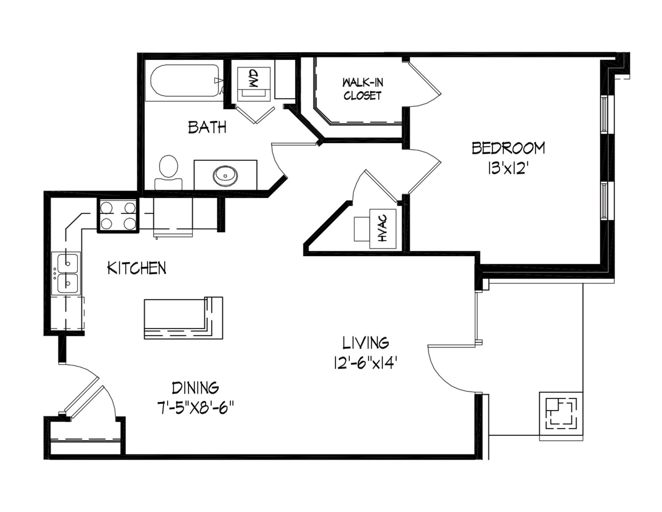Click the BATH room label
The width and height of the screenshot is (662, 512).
point(207,127)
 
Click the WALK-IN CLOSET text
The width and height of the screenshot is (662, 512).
point(363,89)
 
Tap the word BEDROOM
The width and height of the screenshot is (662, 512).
point(508,148)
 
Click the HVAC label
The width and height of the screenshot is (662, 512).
point(383,228)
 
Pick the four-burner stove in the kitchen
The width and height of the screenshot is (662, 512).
point(118,216)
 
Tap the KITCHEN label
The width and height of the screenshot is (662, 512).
point(137,268)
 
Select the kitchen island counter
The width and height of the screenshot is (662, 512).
point(183,318)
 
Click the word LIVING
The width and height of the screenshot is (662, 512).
point(365,343)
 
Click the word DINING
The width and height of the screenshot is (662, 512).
point(195,388)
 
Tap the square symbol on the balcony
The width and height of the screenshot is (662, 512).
point(561,416)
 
